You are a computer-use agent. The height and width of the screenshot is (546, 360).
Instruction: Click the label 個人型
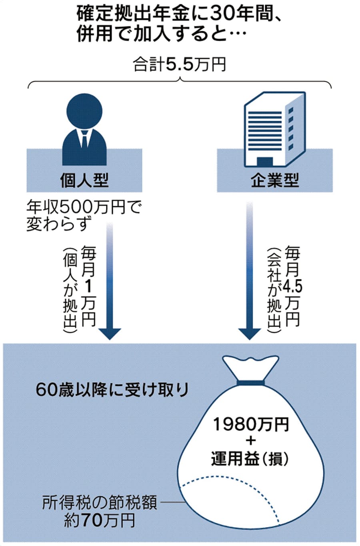[84, 181]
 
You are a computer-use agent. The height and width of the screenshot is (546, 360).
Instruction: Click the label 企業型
[275, 181]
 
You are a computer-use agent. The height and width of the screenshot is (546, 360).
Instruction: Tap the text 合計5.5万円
[180, 65]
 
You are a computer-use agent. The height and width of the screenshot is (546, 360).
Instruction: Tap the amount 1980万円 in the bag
[250, 424]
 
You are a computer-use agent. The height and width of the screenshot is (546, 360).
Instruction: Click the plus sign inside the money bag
[250, 441]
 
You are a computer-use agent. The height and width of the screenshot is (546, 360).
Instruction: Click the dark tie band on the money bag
[250, 383]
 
